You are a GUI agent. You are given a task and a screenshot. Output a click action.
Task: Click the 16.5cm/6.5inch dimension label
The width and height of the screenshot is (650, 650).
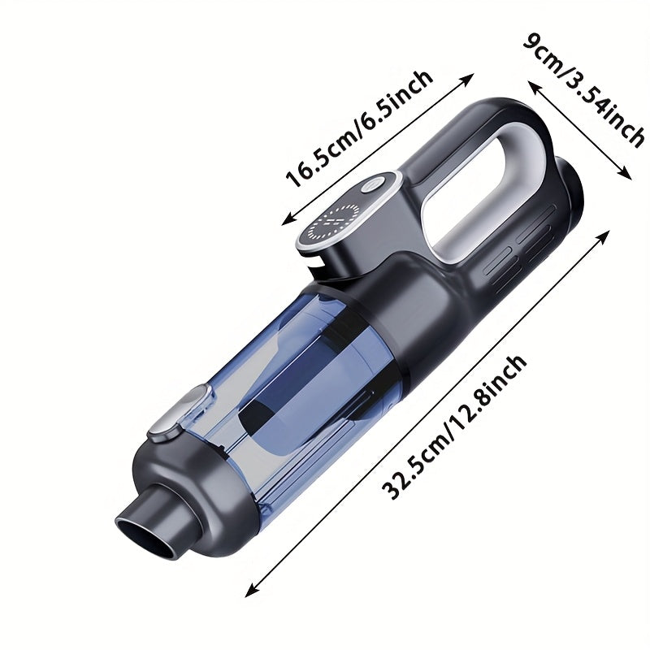[x=359, y=129]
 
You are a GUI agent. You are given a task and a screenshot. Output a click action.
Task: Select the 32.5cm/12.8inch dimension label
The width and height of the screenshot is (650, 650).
[x=454, y=427]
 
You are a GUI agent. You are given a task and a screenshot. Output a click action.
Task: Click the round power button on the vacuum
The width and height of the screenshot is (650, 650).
[x=372, y=185]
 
